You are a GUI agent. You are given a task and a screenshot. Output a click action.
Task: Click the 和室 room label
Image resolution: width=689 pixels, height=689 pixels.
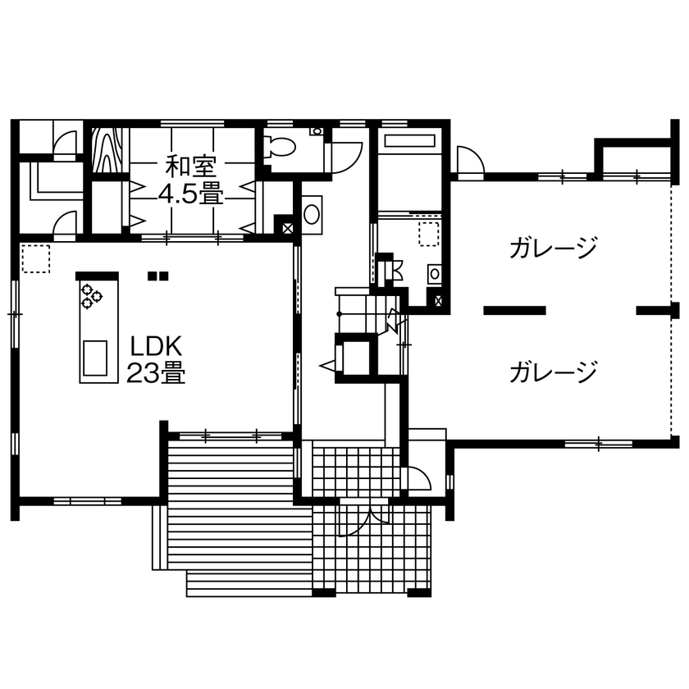tap(190, 167)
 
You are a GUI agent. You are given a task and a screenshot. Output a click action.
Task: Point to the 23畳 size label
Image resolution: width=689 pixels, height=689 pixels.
tap(155, 373)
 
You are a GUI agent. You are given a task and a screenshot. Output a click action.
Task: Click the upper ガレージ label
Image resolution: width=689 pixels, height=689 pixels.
tap(551, 248)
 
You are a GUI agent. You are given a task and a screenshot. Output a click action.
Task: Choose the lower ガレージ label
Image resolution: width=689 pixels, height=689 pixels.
tap(551, 373)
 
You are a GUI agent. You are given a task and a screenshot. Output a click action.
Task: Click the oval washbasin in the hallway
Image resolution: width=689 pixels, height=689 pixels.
tap(313, 215)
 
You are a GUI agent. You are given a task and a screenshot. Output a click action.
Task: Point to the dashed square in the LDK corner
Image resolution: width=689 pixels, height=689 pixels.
tap(36, 258)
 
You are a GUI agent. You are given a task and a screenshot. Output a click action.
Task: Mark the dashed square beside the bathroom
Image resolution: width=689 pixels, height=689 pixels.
tap(428, 233)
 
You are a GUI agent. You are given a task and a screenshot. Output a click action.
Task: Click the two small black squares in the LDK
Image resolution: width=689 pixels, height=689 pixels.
tap(157, 276)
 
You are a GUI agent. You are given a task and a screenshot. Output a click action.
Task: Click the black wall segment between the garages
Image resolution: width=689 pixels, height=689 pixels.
tap(515, 310)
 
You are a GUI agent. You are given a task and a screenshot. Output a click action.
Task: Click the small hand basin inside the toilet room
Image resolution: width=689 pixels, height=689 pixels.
tap(315, 131)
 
